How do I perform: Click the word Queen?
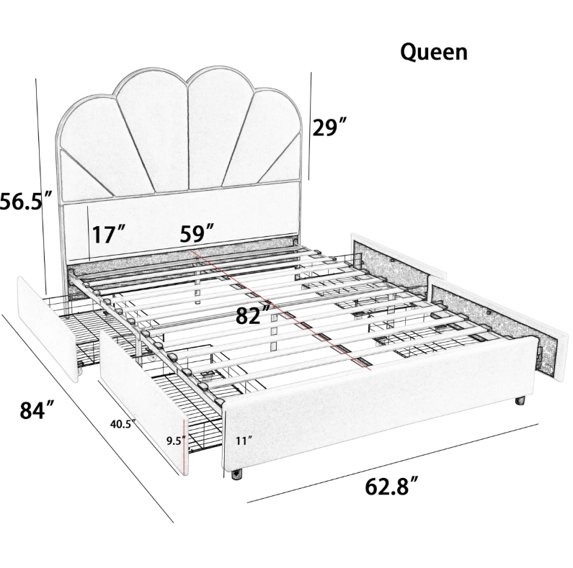[434, 53]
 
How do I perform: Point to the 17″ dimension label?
[108, 234]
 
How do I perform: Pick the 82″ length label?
[253, 315]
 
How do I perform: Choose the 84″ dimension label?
[37, 410]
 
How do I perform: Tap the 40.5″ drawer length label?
[123, 424]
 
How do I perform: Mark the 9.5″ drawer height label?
[176, 441]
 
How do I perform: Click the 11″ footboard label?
[244, 441]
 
